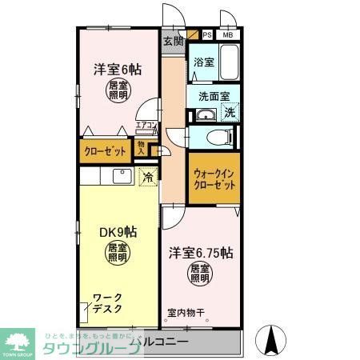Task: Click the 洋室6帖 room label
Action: [113, 69]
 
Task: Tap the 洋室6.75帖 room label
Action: [200, 254]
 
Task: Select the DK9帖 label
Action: [118, 233]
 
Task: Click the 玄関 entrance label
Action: [172, 41]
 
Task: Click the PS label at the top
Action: [207, 34]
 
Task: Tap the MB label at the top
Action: [227, 34]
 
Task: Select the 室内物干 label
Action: [186, 313]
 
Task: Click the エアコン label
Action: [146, 125]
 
